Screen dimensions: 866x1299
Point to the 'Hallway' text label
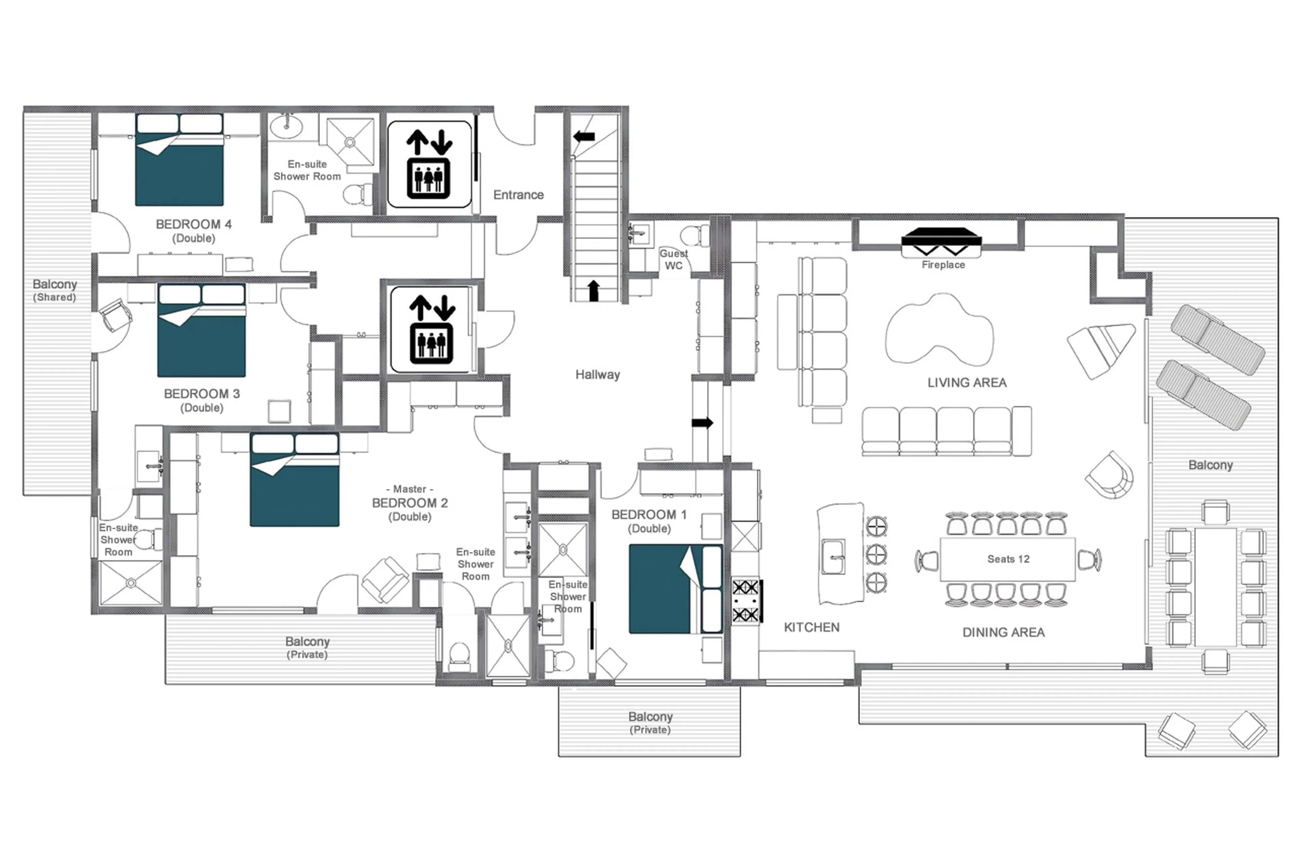click(597, 375)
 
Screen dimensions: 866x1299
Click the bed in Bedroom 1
click(675, 589)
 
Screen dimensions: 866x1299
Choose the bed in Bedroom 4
click(179, 160)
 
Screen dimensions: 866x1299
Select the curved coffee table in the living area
click(938, 330)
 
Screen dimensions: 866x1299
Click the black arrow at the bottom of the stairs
click(593, 290)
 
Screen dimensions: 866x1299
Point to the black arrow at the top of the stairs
click(584, 136)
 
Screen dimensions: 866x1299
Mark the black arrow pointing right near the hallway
click(702, 423)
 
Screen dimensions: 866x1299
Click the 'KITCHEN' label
click(811, 627)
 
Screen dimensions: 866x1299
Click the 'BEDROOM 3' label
click(202, 394)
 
